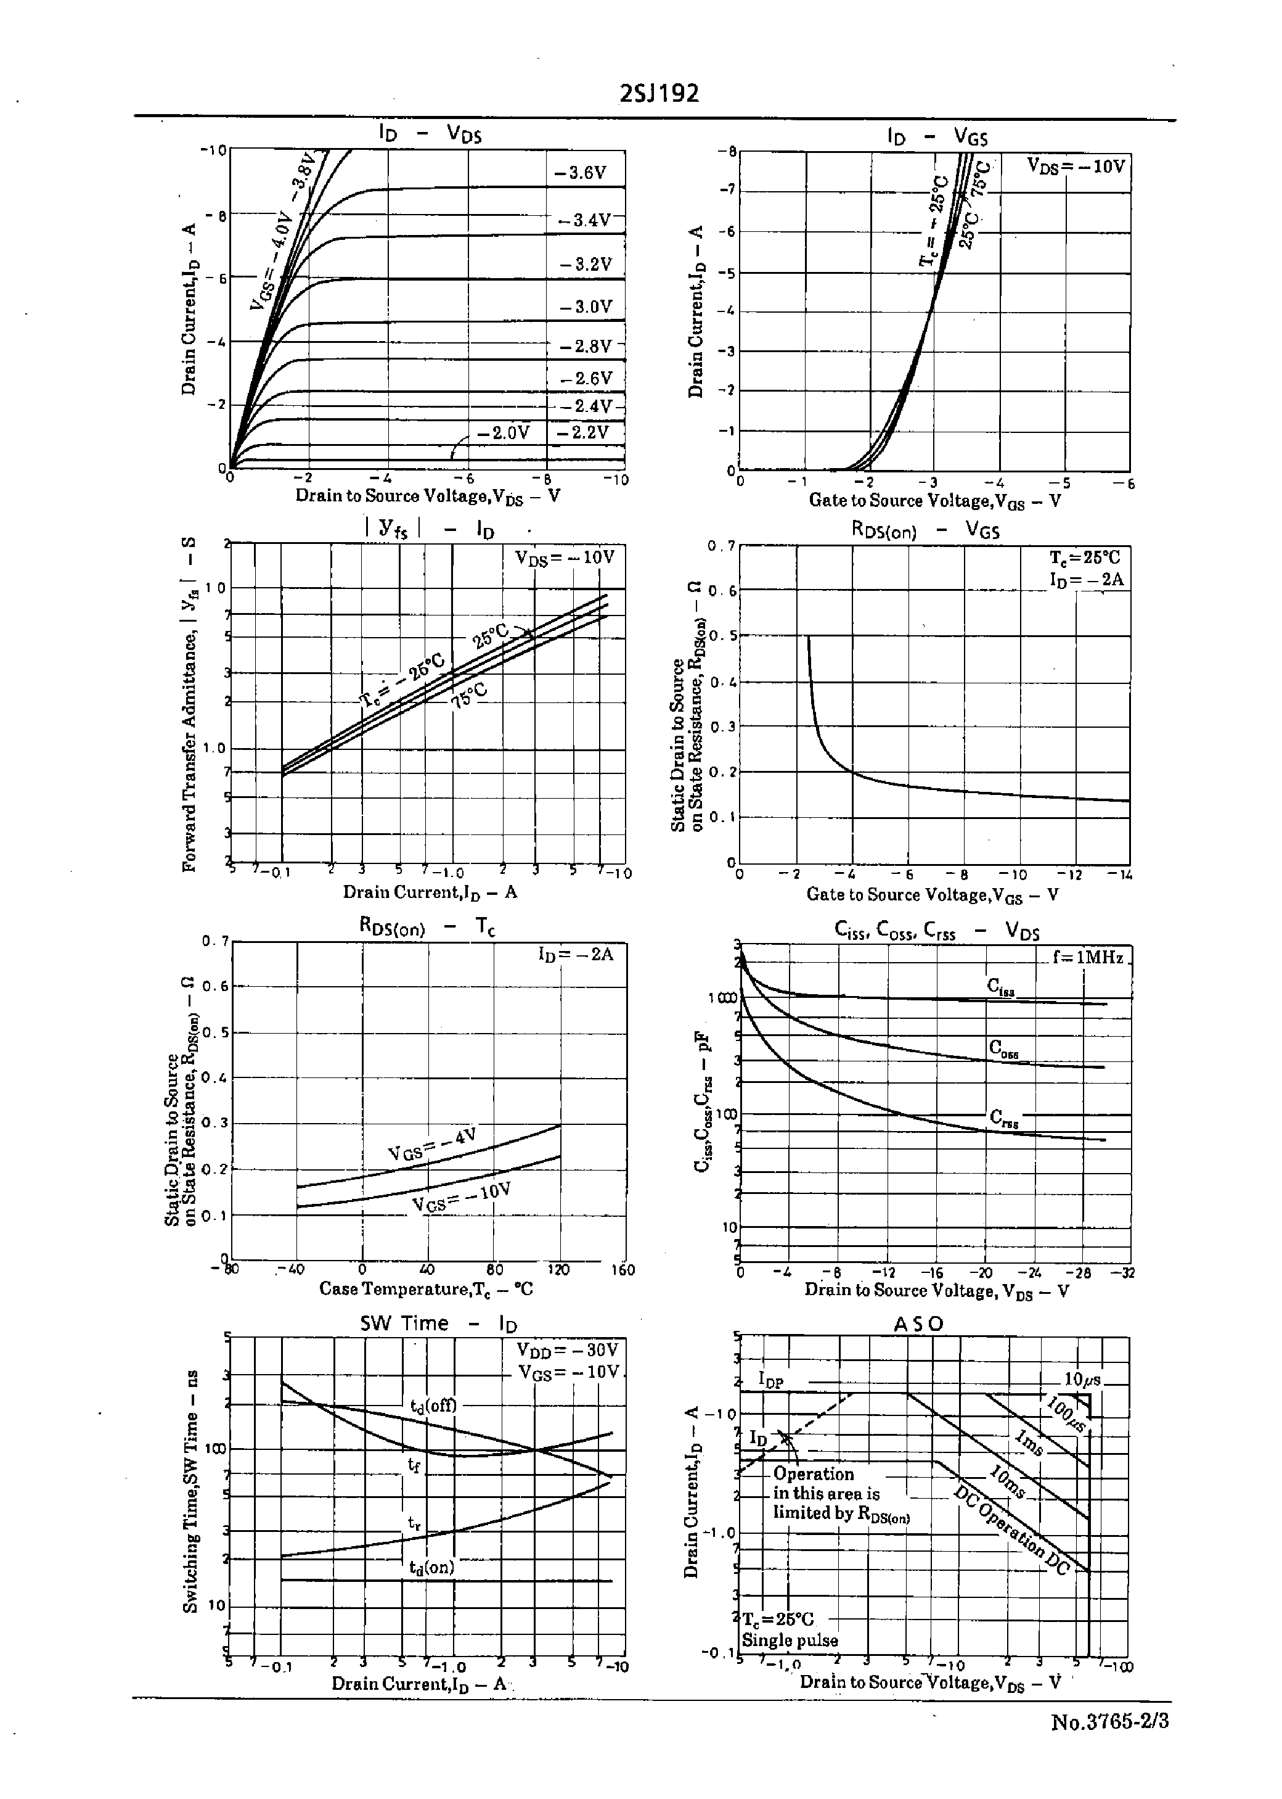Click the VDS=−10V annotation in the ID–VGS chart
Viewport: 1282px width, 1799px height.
1074,166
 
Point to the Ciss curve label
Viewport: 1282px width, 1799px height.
1000,986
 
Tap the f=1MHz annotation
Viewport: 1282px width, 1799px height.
1087,957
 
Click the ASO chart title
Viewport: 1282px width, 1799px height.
918,1324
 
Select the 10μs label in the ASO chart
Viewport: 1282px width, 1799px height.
1082,1379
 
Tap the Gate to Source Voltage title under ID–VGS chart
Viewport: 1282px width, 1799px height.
933,501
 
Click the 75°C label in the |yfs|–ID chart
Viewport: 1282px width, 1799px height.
470,696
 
